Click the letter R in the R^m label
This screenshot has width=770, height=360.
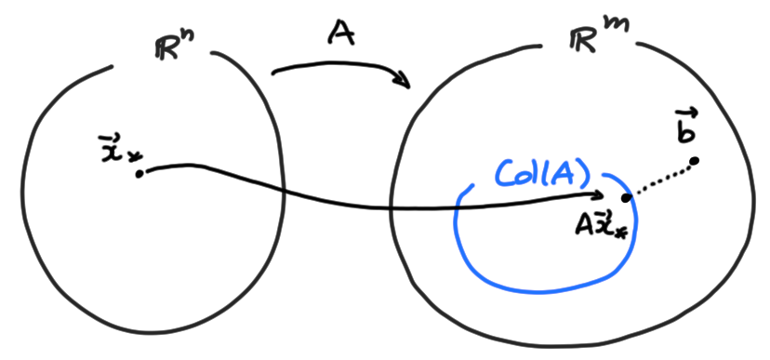(582, 40)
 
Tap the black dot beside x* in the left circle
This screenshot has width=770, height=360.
(139, 173)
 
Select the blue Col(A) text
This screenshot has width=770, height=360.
(541, 174)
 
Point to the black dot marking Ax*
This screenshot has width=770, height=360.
(626, 198)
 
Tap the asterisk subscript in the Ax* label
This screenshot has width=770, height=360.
(621, 233)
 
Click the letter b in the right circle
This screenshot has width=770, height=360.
(684, 135)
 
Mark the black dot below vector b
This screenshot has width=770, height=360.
(694, 161)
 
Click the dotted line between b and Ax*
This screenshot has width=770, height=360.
(660, 180)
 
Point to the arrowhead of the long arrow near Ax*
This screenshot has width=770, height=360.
(598, 195)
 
